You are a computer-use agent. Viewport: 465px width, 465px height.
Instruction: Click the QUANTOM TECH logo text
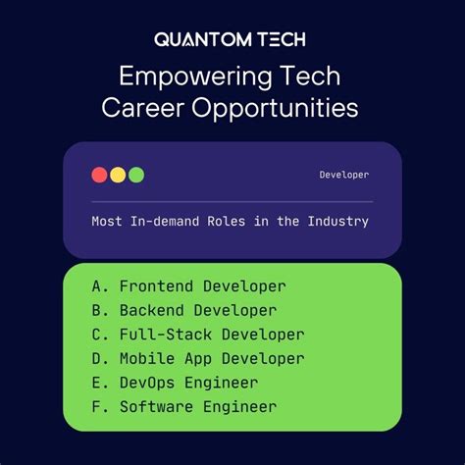(x=232, y=39)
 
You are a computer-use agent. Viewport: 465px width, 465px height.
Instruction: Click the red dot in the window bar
(x=99, y=175)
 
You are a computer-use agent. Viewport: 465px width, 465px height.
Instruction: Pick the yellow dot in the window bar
(x=118, y=175)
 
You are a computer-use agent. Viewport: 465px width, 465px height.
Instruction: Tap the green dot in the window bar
(x=136, y=175)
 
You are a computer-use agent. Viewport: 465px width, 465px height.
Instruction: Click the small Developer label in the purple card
(x=343, y=175)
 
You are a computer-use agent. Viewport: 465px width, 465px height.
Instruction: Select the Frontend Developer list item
(x=202, y=286)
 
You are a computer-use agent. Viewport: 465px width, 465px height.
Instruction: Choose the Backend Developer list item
(x=197, y=311)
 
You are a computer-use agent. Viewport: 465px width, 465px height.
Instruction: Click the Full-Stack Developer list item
(x=211, y=335)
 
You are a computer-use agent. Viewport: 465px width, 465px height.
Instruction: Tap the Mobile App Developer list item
(x=211, y=359)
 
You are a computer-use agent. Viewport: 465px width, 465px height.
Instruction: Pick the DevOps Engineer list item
(x=188, y=383)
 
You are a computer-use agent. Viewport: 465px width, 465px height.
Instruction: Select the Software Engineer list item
(x=197, y=406)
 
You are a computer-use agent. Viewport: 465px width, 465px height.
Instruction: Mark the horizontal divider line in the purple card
(x=232, y=201)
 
